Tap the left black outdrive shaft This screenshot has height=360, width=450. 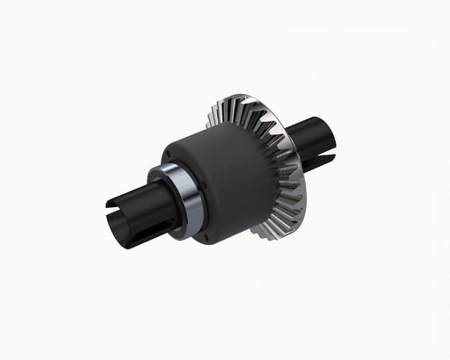tap(132, 215)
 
